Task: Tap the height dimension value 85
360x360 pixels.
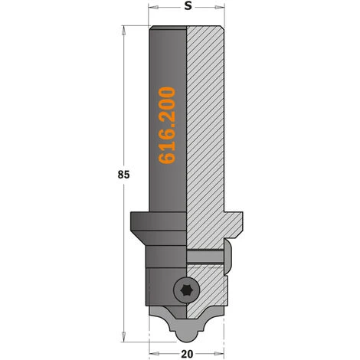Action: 124,175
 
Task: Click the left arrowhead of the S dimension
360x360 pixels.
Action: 152,8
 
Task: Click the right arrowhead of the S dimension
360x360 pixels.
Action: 224,8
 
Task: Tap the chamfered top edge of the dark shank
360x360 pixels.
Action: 169,28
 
